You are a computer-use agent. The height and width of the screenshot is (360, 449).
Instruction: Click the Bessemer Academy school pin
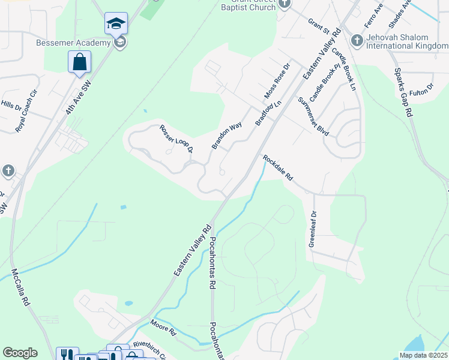(116, 24)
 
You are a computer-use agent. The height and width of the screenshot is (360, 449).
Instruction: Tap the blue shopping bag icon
(79, 62)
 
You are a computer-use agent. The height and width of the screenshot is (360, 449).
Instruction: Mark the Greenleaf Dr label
(313, 229)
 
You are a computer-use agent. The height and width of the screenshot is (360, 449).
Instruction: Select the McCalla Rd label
(20, 287)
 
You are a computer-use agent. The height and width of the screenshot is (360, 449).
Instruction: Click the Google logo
(20, 353)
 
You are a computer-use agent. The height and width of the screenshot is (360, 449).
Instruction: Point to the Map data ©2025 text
(423, 355)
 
